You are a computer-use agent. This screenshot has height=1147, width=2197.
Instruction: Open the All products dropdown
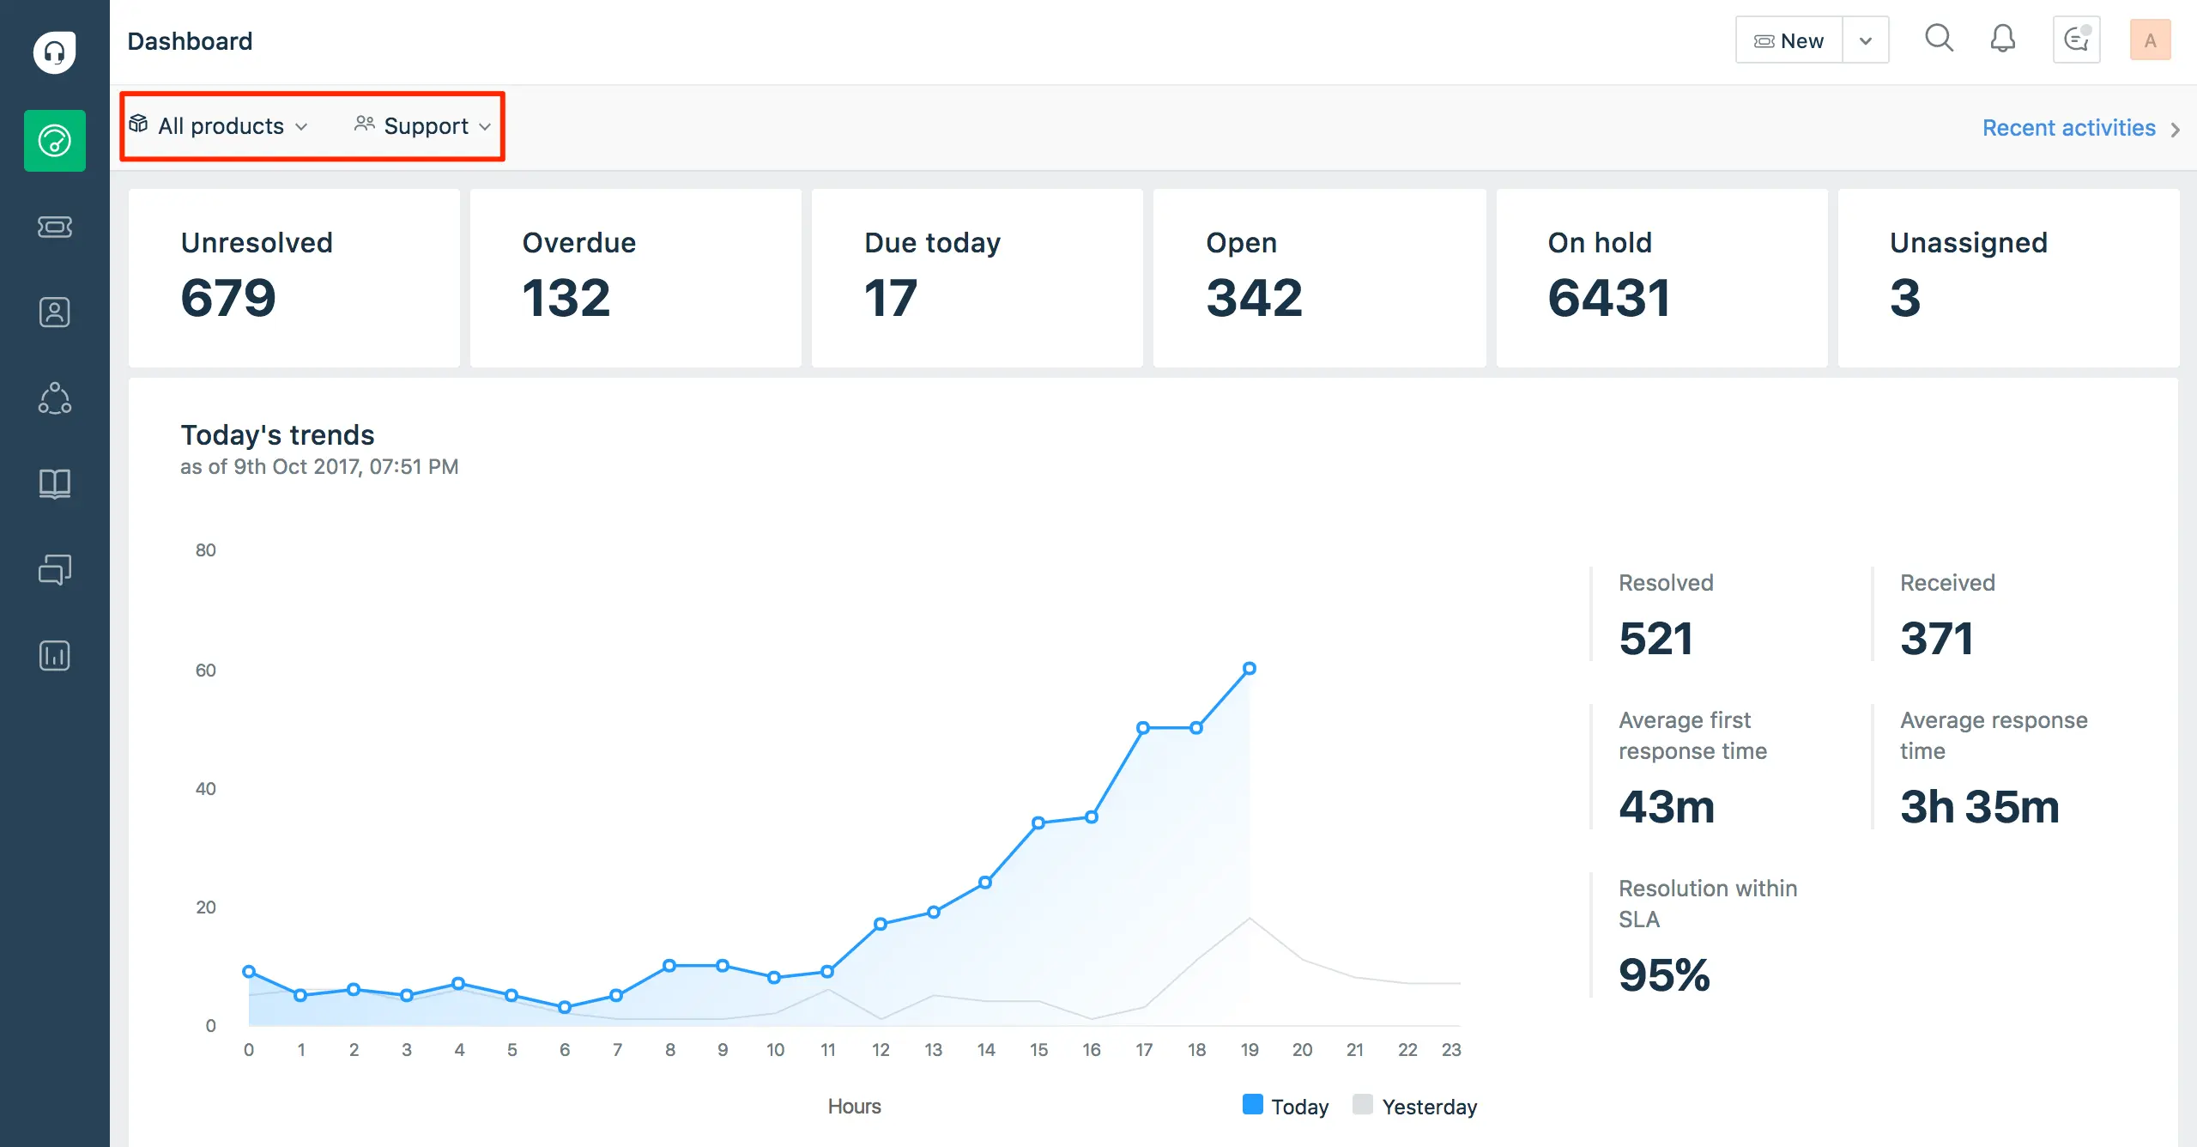[x=220, y=126]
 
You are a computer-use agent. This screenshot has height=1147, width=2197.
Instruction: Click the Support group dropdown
[x=425, y=126]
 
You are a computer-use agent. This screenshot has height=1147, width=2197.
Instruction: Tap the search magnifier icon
[x=1939, y=39]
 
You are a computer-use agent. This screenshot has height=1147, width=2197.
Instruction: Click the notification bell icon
[x=2002, y=39]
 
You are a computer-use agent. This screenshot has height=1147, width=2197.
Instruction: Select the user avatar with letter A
[x=2149, y=40]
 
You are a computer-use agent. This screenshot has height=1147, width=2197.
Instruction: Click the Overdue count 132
[x=566, y=298]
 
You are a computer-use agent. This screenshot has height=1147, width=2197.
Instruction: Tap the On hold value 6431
[x=1608, y=298]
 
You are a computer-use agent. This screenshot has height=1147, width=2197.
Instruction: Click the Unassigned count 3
[x=1904, y=298]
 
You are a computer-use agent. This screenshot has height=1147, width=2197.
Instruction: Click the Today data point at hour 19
[x=1250, y=668]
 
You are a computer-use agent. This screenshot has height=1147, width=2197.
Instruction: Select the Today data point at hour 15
[x=1038, y=822]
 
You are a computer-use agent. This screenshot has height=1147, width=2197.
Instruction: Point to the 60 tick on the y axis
[x=206, y=670]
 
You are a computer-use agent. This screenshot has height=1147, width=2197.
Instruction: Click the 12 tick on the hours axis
[x=881, y=1049]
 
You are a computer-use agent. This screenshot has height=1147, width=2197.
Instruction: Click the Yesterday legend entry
[x=1416, y=1106]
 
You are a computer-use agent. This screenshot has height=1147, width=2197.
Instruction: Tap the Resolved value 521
[x=1655, y=638]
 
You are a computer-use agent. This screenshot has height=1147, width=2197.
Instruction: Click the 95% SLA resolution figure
[x=1663, y=974]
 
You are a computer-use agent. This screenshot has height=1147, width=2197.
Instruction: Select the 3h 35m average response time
[x=1979, y=806]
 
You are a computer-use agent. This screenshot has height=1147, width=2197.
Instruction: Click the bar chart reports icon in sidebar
[x=54, y=655]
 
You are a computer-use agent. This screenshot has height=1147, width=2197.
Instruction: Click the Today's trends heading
[x=277, y=435]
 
